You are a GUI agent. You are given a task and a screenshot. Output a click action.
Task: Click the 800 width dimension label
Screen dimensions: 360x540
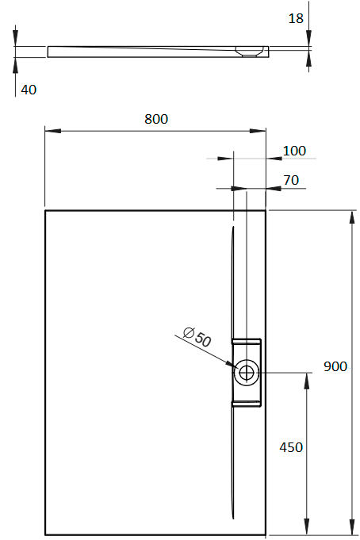click(156, 119)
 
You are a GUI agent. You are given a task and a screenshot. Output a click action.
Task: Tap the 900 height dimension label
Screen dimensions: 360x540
click(335, 366)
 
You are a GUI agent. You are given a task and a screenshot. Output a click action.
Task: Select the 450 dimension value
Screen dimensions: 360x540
click(291, 447)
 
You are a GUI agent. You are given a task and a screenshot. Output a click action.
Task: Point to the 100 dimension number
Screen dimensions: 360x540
click(294, 151)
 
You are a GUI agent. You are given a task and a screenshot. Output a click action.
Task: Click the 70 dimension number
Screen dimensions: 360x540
click(291, 180)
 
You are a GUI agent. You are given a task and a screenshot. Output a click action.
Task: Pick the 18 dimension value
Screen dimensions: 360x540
click(296, 18)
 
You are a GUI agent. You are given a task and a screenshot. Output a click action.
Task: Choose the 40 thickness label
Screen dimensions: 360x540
click(29, 90)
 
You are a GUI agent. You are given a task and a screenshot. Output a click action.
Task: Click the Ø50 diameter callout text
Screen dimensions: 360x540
click(197, 336)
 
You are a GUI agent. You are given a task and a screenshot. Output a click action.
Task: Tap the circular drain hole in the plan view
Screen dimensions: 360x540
click(247, 372)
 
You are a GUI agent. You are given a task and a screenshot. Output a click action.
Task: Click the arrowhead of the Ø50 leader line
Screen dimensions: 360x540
click(230, 364)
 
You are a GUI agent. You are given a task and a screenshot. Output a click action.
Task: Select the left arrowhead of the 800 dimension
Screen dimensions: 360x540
click(52, 131)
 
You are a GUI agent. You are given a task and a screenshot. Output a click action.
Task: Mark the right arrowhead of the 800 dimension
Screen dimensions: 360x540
click(258, 131)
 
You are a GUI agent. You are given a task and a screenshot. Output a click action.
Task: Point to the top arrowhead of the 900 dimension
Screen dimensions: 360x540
click(352, 218)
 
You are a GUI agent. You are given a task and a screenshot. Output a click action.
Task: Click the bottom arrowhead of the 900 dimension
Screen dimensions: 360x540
click(352, 527)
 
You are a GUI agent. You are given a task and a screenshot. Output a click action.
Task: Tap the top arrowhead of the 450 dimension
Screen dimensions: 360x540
click(306, 381)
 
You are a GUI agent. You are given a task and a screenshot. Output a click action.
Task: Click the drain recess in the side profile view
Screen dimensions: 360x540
click(249, 52)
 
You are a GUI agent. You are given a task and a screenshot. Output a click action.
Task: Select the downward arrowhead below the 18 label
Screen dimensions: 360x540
click(308, 38)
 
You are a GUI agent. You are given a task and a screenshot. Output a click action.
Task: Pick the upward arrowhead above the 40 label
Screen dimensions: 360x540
click(15, 65)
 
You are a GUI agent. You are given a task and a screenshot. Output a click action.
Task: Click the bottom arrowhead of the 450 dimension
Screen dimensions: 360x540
click(306, 527)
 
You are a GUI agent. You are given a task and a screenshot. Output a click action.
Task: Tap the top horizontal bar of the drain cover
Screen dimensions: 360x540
click(247, 342)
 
